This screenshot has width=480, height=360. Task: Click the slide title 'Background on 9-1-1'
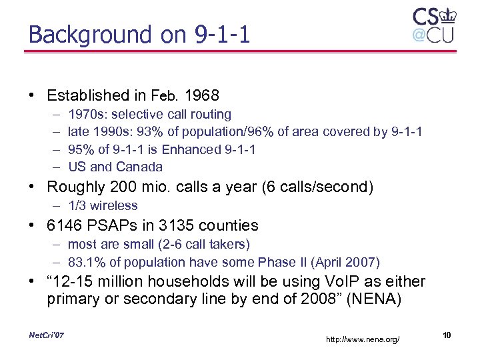tap(139, 34)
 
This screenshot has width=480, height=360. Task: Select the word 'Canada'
tap(139, 167)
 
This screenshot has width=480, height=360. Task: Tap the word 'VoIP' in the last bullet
tap(325, 282)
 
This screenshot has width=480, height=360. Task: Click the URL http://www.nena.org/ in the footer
tap(363, 340)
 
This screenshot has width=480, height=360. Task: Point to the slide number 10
tap(447, 335)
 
